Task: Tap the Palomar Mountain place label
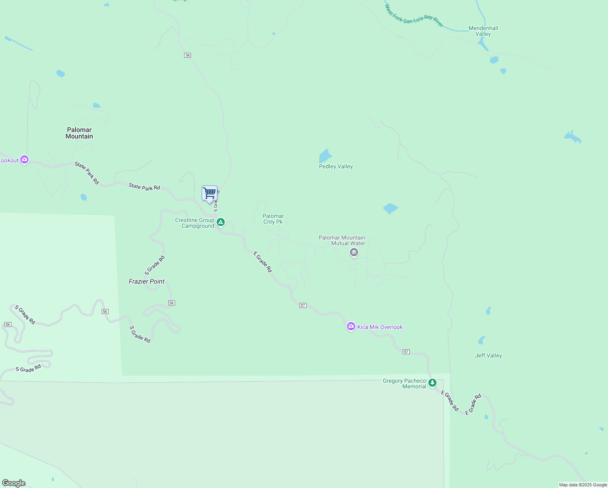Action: (x=79, y=133)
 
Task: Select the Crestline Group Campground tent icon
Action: (x=221, y=222)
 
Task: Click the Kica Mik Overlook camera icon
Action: (x=351, y=327)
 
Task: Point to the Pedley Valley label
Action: (x=336, y=166)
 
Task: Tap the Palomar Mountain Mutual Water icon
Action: (x=354, y=253)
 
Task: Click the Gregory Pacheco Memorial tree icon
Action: (x=432, y=383)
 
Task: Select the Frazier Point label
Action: (x=147, y=281)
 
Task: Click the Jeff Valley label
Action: (x=488, y=355)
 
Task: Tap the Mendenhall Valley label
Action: (x=483, y=31)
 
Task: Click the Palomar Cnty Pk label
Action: (x=273, y=219)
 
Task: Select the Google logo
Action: (x=13, y=483)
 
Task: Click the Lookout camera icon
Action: (x=24, y=160)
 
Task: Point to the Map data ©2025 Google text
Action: (x=583, y=485)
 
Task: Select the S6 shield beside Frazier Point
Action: (x=172, y=303)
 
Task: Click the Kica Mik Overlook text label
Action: (x=380, y=327)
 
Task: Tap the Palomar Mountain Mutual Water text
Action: (x=342, y=240)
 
